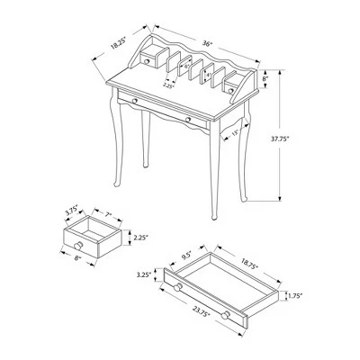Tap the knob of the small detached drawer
(80, 245)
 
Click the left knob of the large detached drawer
(178, 286)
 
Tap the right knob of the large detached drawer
(227, 313)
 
